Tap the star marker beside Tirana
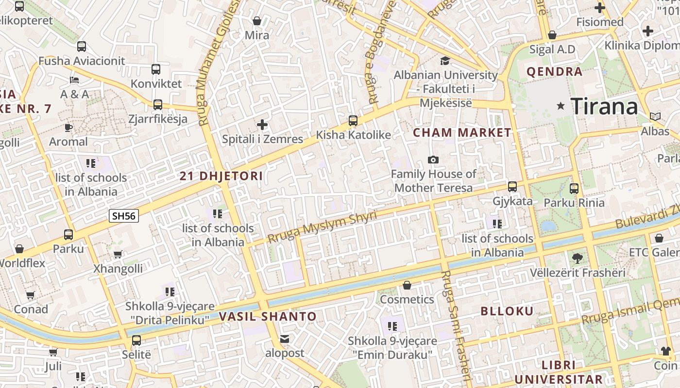(x=561, y=106)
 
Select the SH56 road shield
(x=124, y=216)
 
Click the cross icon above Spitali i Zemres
(x=262, y=125)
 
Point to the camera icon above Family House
(x=433, y=160)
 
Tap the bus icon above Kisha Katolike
(x=353, y=120)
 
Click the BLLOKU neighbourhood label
(x=507, y=311)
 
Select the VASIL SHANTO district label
(x=268, y=317)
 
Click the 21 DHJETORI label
(x=221, y=176)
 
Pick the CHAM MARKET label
(x=462, y=132)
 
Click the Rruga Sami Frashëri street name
(x=456, y=325)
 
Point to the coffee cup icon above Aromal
(x=68, y=128)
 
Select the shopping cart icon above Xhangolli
(x=118, y=254)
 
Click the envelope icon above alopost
(x=285, y=339)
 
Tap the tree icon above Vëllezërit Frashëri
(x=577, y=258)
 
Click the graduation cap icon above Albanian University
(x=445, y=61)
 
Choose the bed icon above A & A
(x=74, y=80)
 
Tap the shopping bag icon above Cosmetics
(x=407, y=285)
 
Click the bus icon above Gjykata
(x=512, y=186)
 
